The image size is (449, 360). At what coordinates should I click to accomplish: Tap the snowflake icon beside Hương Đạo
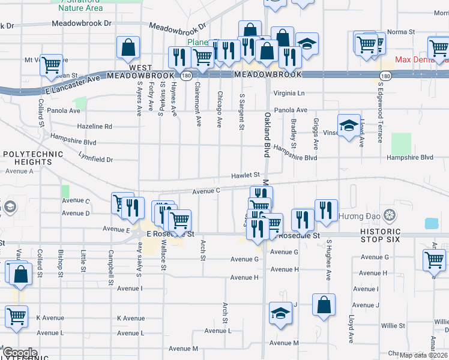(x=390, y=215)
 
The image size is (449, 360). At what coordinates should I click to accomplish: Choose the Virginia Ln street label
(x=289, y=93)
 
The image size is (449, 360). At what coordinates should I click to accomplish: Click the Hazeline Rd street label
(x=95, y=127)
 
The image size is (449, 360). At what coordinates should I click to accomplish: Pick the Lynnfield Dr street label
(x=88, y=160)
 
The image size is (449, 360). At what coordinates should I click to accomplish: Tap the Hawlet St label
(x=246, y=175)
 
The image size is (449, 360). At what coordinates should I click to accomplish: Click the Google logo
(x=20, y=353)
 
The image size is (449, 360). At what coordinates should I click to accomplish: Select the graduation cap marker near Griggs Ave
(x=349, y=126)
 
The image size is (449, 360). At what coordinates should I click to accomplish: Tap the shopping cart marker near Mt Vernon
(x=52, y=64)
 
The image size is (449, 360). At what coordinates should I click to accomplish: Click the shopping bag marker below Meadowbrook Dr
(x=129, y=48)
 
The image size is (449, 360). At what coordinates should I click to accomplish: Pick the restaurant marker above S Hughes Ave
(x=326, y=209)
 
